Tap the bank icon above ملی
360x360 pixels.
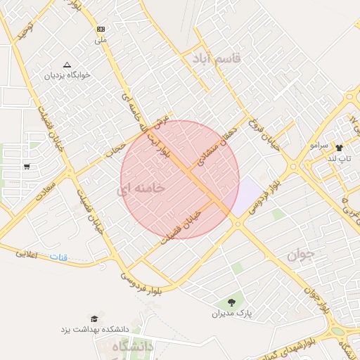click(x=101, y=29)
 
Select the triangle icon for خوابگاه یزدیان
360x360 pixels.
click(x=67, y=64)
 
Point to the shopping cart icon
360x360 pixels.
click(x=27, y=167)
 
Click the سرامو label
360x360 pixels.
click(x=319, y=145)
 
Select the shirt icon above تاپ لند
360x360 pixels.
click(x=340, y=148)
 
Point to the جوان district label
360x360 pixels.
click(x=303, y=254)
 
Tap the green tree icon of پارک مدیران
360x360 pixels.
click(x=231, y=302)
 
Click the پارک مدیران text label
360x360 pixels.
click(x=231, y=313)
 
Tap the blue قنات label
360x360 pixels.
click(x=58, y=257)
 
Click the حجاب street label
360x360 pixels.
click(x=113, y=148)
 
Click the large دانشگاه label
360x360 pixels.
click(x=132, y=347)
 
